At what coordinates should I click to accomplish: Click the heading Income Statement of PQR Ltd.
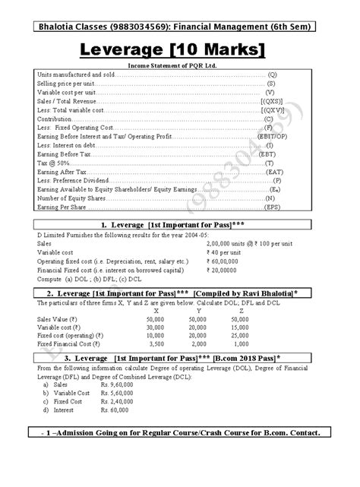coord(179,67)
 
